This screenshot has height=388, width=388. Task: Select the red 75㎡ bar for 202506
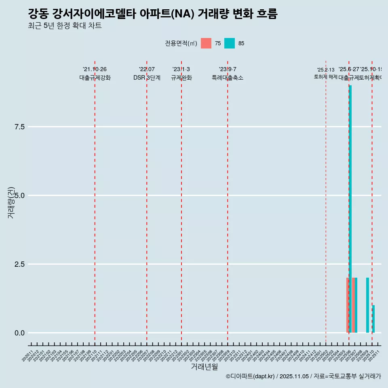tap(348, 305)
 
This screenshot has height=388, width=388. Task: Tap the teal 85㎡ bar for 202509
tap(367, 305)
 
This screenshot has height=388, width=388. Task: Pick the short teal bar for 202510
tap(373, 319)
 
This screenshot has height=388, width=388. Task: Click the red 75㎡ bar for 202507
tap(353, 305)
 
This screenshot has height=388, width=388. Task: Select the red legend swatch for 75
tap(206, 43)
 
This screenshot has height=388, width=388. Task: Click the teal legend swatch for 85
tap(230, 43)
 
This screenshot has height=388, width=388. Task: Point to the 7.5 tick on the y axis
tap(20, 127)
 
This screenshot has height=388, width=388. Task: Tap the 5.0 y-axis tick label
tap(20, 196)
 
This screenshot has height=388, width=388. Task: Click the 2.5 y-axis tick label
tap(20, 264)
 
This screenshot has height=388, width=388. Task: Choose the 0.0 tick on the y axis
tap(20, 333)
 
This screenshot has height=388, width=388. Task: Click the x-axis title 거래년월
tap(204, 367)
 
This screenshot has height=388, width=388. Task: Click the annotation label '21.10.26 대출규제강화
tap(95, 74)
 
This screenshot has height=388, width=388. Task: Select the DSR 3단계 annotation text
tap(147, 78)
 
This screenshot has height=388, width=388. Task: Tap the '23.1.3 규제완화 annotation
tap(181, 74)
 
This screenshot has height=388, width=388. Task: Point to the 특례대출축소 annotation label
tap(228, 78)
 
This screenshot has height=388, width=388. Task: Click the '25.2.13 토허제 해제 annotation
tap(326, 73)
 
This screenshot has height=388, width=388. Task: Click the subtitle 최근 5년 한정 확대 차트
tap(65, 26)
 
